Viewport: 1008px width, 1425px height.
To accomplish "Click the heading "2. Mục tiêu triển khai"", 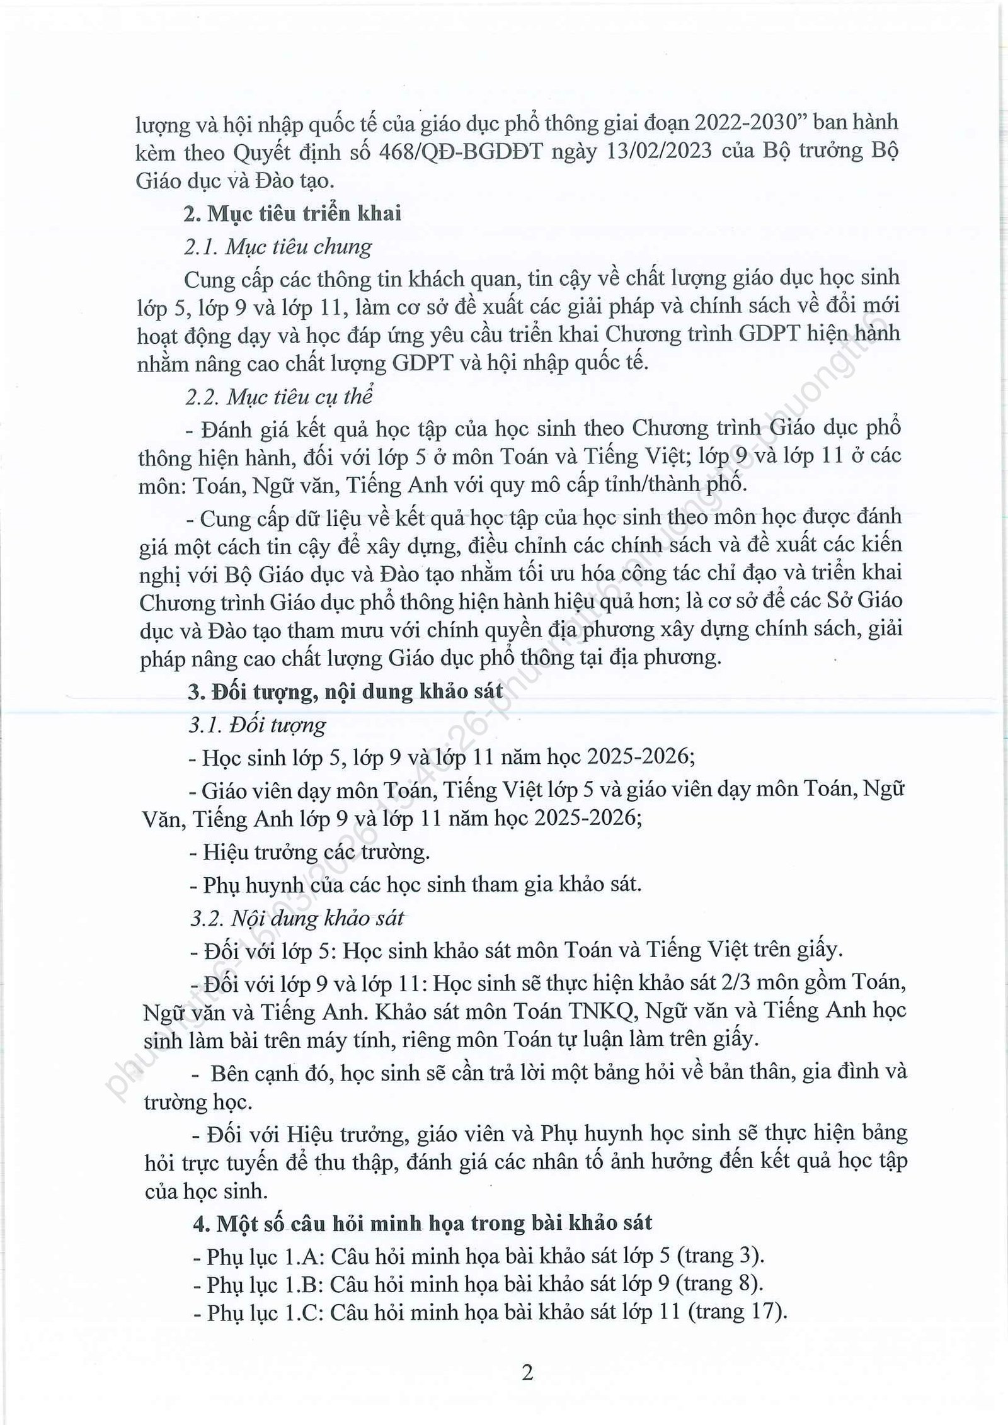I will [292, 214].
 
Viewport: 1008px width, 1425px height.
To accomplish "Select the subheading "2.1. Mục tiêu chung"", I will [278, 246].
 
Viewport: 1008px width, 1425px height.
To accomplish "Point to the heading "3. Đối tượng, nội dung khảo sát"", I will [346, 691].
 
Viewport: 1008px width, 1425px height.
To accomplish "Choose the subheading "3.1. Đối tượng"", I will [257, 725].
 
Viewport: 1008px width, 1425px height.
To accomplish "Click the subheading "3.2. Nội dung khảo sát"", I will [296, 918].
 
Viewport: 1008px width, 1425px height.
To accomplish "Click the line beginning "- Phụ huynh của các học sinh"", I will [415, 885].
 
